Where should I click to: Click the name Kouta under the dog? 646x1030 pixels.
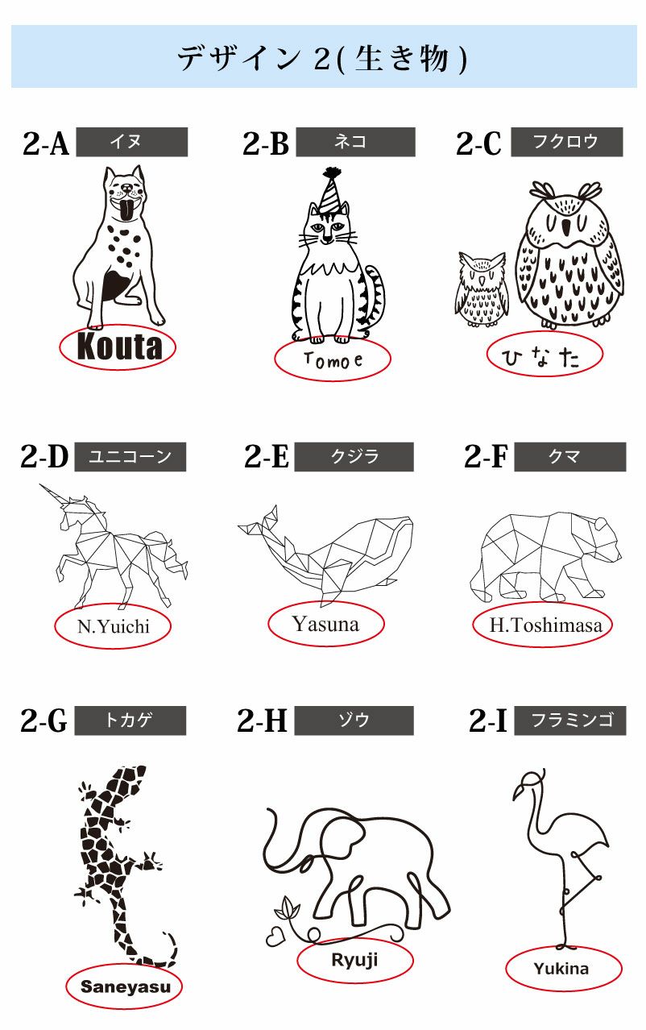pos(119,347)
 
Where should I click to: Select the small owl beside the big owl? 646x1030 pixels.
pos(482,286)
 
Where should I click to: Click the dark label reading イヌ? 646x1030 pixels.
pos(132,142)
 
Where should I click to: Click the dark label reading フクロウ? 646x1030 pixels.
pos(567,142)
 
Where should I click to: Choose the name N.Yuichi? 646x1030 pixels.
pos(114,625)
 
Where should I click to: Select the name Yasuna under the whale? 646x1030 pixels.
pos(325,623)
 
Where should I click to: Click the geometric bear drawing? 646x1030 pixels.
pos(545,555)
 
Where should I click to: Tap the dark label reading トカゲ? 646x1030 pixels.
pos(130,721)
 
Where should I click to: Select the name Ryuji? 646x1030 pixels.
pos(354,960)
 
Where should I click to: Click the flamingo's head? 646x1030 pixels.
pos(531,780)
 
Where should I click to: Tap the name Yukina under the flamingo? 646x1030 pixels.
pos(561,969)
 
